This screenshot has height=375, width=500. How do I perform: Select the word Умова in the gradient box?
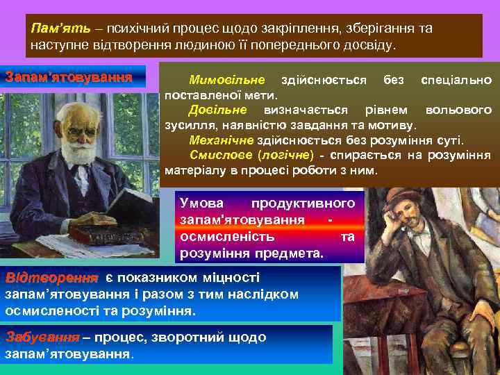[202, 203]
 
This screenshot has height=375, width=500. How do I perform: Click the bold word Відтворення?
[51, 278]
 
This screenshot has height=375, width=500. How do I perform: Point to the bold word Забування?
[42, 337]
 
